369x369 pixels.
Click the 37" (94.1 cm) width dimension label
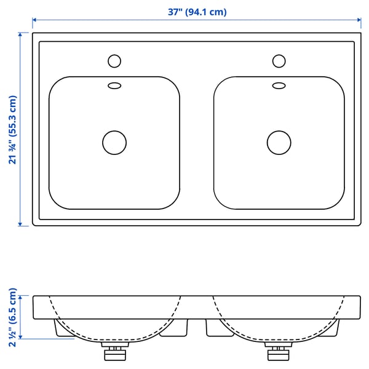click(x=197, y=12)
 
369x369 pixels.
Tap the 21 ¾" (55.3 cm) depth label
click(x=13, y=130)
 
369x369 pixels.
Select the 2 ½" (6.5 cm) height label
click(x=13, y=317)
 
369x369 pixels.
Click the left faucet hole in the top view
click(x=114, y=61)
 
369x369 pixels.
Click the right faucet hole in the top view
click(x=279, y=61)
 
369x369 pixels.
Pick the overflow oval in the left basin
click(x=114, y=85)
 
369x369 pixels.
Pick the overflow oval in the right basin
click(x=279, y=85)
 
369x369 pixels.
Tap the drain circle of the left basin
click(x=114, y=143)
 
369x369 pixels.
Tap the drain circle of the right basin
click(x=279, y=143)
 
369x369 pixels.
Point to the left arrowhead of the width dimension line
click(x=34, y=20)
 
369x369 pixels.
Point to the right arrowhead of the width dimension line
click(x=359, y=20)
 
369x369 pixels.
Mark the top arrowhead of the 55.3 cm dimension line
click(x=20, y=34)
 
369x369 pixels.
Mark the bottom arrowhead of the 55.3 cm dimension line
click(x=20, y=224)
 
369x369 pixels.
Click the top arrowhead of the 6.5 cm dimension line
click(x=20, y=298)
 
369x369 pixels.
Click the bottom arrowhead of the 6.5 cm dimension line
click(x=20, y=337)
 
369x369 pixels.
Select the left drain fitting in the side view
click(x=115, y=351)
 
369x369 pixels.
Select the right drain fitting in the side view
click(x=279, y=351)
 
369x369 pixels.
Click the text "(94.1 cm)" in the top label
click(x=206, y=12)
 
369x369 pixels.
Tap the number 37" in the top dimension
click(x=175, y=12)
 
